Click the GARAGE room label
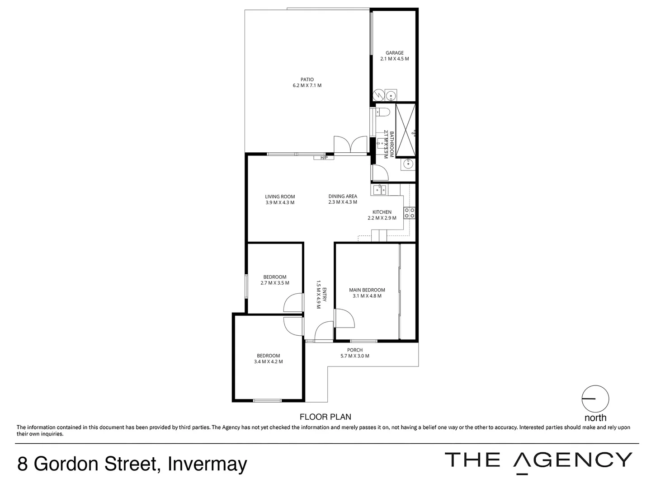pos(394,53)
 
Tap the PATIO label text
pos(307,80)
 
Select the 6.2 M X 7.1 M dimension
pos(307,85)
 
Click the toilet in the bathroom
pos(383,113)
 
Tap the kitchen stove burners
pos(410,213)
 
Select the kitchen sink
pos(379,189)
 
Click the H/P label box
pos(324,158)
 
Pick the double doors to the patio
pos(350,145)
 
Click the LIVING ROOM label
pos(280,197)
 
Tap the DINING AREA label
pos(343,197)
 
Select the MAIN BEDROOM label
pos(367,290)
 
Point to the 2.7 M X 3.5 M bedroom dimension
pos(275,283)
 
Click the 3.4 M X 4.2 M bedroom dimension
pos(269,361)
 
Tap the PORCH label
pos(355,350)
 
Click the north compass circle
pos(595,399)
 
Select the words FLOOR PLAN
pos(325,417)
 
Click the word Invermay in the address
pos(207,464)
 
